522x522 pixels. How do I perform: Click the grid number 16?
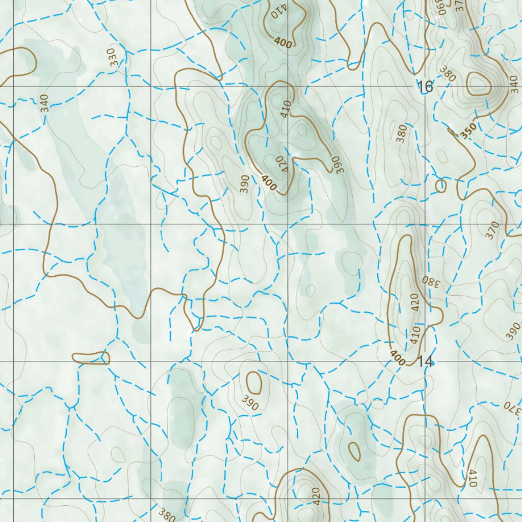pos(425,87)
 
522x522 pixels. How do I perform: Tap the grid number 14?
pos(425,362)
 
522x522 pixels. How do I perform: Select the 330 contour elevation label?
pos(115,57)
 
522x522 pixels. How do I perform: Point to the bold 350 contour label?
pos(468,130)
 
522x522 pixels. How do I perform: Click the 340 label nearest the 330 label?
pos(45,103)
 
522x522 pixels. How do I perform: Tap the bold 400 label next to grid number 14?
pos(398,358)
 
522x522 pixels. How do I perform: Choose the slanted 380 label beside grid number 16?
pos(448,75)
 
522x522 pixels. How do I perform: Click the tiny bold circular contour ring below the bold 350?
pos(441,186)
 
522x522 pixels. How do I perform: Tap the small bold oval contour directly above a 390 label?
pos(254,382)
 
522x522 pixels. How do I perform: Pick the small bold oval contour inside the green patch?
pos(354,451)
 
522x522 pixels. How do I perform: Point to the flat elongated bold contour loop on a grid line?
pos(91,358)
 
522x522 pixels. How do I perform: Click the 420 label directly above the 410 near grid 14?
pos(414,302)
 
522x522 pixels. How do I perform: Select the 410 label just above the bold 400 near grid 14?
pos(414,334)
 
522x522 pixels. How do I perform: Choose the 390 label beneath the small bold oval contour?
pos(250,403)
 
